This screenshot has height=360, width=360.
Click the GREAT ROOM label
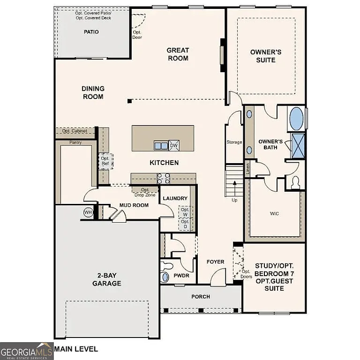(178, 54)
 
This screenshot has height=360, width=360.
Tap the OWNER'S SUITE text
(266, 56)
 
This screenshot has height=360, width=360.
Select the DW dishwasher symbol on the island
(173, 146)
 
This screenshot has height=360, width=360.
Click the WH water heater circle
(88, 212)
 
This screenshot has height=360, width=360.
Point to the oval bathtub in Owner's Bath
(296, 119)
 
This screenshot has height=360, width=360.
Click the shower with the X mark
(298, 145)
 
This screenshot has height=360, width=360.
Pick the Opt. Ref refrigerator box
(105, 161)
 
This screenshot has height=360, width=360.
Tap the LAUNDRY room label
(175, 199)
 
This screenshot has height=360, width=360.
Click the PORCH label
(201, 297)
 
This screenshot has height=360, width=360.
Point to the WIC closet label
(274, 214)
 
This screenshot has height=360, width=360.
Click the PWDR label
(181, 276)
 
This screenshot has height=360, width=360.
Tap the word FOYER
(215, 262)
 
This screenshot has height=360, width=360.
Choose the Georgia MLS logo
(27, 350)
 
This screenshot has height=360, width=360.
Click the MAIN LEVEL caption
(76, 349)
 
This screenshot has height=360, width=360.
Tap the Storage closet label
(234, 142)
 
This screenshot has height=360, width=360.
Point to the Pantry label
(75, 142)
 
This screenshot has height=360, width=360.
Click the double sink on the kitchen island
(161, 146)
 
